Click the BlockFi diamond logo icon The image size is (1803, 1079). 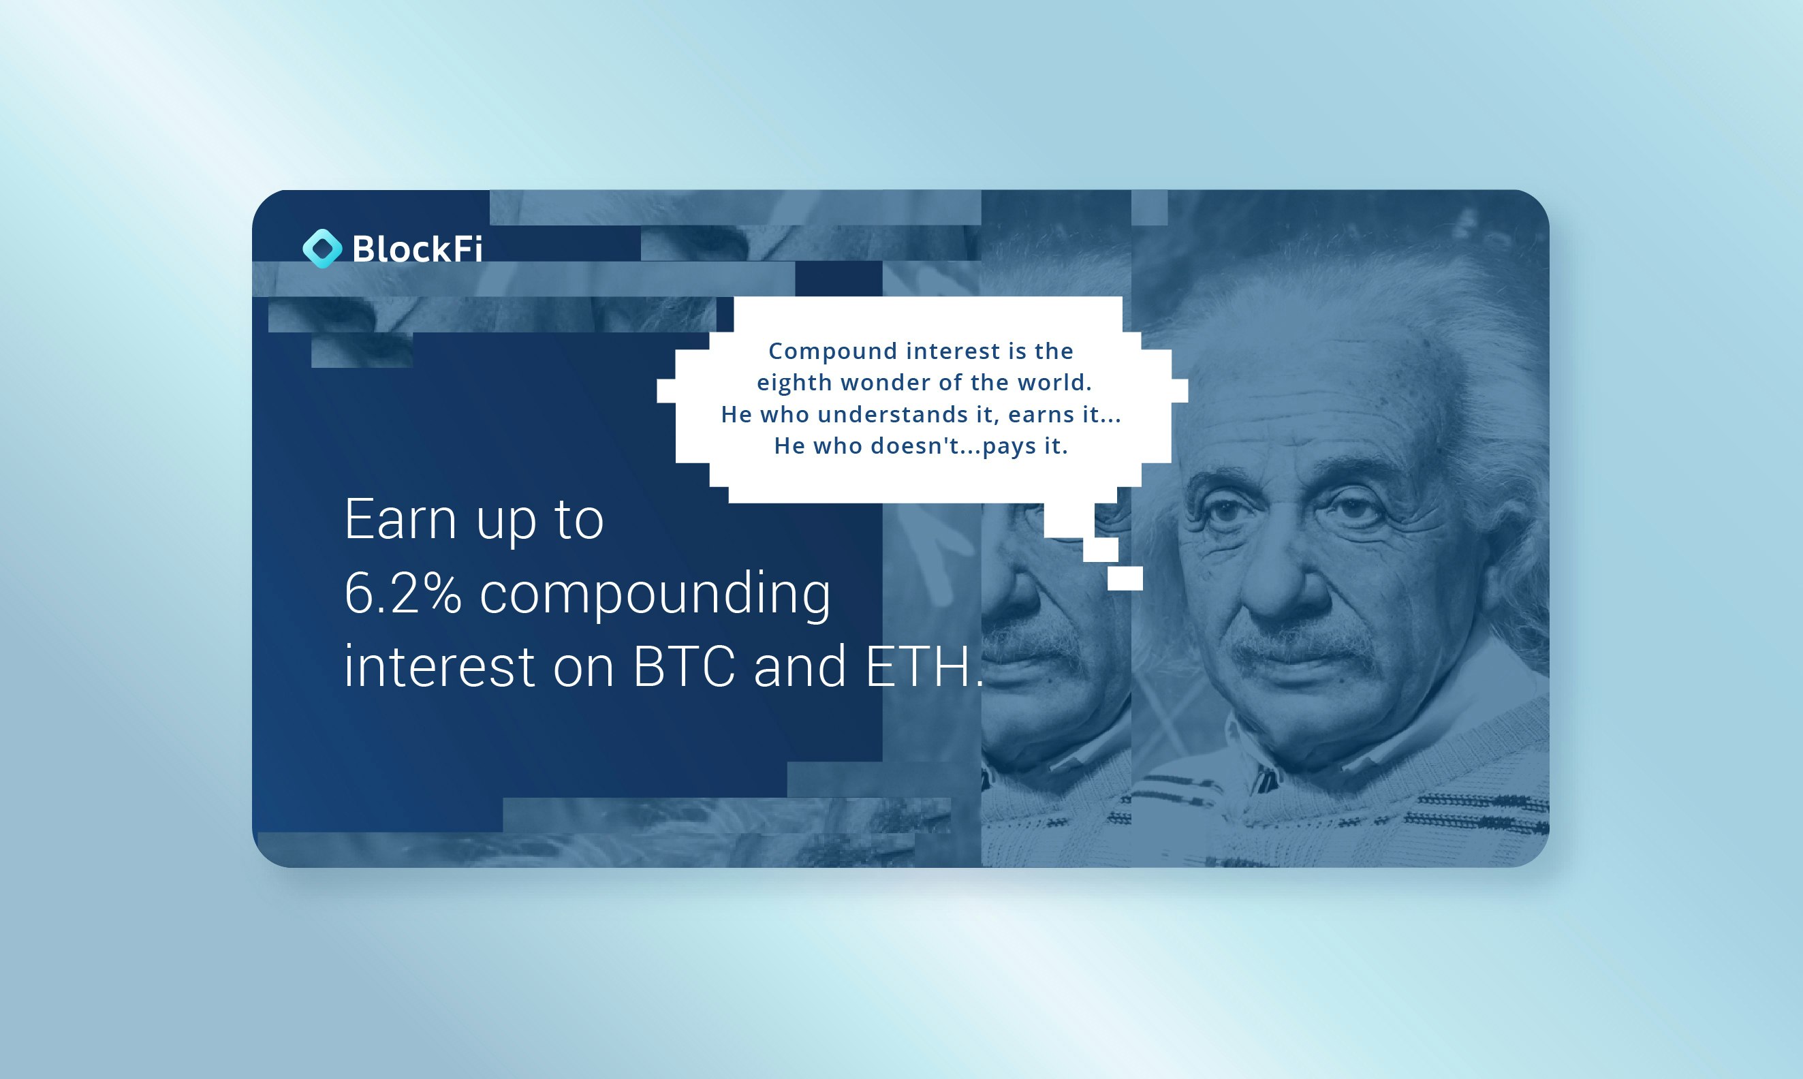click(x=322, y=249)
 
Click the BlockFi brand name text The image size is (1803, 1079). click(x=418, y=249)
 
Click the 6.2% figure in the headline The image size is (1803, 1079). click(x=403, y=593)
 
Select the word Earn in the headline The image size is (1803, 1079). click(x=400, y=519)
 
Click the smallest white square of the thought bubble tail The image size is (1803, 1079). click(x=1125, y=579)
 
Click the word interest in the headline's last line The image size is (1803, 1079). click(x=439, y=667)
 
